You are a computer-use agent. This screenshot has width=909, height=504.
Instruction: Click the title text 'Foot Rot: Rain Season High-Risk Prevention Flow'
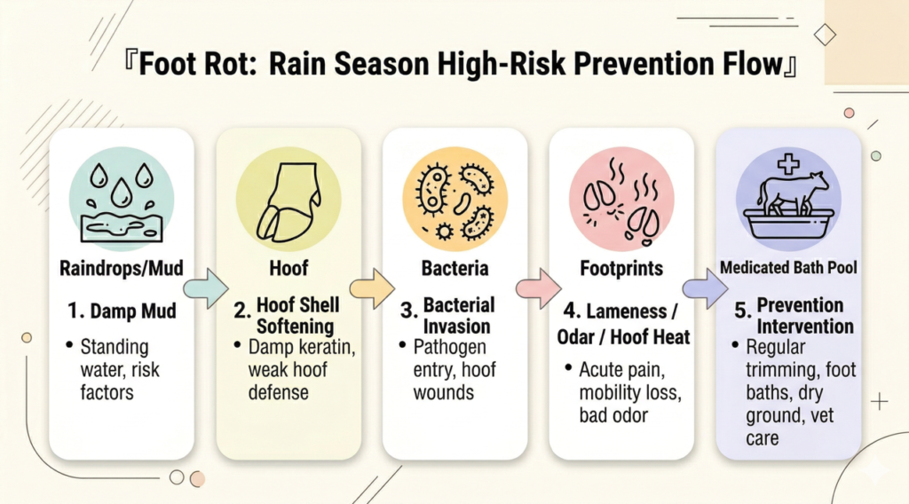click(x=461, y=64)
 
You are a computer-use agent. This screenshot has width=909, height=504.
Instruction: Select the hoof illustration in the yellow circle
click(x=289, y=201)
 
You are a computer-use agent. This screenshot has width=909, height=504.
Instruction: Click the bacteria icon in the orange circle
click(x=455, y=201)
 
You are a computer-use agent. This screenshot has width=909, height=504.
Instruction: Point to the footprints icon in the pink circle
click(x=621, y=201)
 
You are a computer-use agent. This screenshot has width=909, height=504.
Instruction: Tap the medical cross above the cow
click(x=788, y=164)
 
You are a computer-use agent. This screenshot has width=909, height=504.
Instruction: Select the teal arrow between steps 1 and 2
click(x=206, y=287)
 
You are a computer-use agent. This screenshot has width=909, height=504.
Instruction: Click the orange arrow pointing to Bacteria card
click(x=372, y=287)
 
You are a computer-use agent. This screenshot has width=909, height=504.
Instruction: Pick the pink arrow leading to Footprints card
click(x=539, y=287)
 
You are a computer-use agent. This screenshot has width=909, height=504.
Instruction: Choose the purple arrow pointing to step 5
click(x=705, y=287)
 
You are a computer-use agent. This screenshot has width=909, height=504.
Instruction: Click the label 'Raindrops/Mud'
click(x=122, y=268)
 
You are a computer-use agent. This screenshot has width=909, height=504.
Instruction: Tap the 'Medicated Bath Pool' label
click(x=788, y=268)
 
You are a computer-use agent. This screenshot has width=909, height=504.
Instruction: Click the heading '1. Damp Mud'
click(x=122, y=311)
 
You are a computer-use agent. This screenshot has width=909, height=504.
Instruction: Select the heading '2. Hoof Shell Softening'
click(x=288, y=316)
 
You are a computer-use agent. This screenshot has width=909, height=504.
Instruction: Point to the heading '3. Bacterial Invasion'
click(x=448, y=316)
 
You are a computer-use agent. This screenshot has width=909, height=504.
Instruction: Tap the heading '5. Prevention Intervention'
click(x=794, y=316)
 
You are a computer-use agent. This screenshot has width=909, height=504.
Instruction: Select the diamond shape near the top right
click(x=825, y=35)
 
